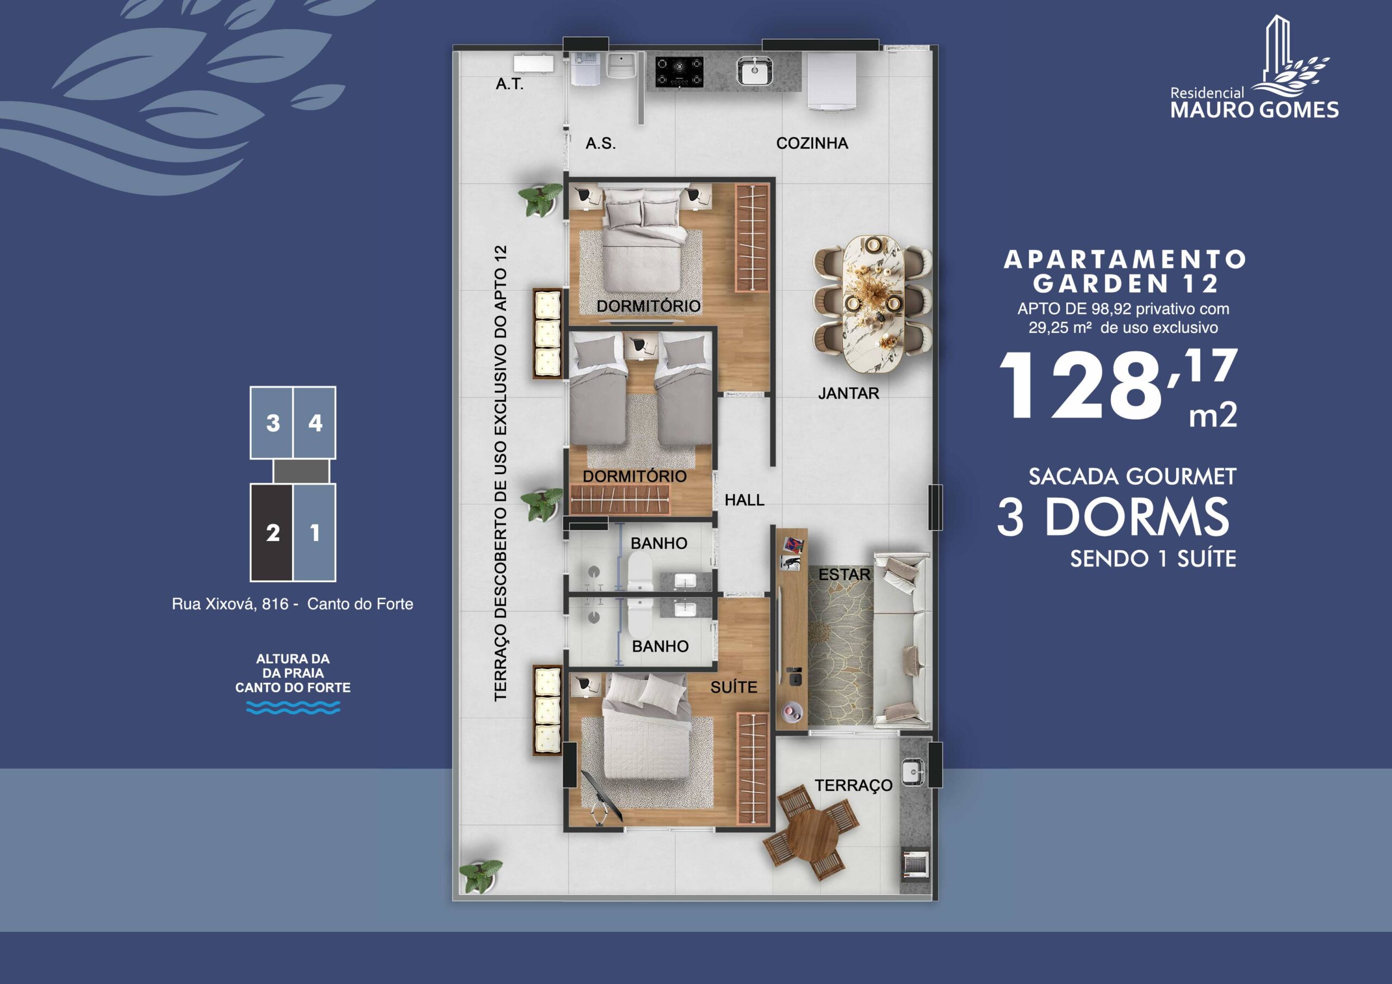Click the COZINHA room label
(812, 143)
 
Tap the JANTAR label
(848, 394)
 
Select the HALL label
(744, 500)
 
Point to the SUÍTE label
(734, 687)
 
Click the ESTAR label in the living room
(844, 574)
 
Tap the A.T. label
(509, 84)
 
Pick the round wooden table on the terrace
(812, 832)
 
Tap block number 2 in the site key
(272, 533)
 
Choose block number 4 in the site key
(315, 422)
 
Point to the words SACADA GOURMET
(1133, 477)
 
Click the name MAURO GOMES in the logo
(1254, 110)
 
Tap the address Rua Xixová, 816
(231, 604)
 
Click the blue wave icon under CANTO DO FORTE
(293, 707)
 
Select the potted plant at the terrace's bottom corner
(481, 875)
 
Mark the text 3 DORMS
(1113, 517)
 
